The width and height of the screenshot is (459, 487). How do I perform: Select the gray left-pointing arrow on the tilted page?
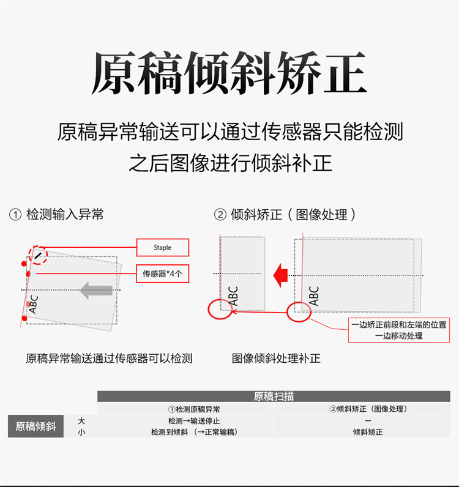[96, 291]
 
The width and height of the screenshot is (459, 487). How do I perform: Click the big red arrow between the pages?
[280, 275]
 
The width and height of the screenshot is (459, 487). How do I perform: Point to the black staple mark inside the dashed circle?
[37, 256]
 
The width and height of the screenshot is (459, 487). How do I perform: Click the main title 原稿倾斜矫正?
[229, 73]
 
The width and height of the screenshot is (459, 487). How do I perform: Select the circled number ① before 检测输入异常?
[15, 215]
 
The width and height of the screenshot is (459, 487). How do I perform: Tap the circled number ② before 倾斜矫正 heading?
[220, 215]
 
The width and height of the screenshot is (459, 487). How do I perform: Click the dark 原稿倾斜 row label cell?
[35, 426]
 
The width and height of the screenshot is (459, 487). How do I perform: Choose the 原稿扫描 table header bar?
[274, 396]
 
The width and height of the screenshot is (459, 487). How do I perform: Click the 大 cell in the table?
[81, 421]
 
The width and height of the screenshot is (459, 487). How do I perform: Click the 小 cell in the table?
[81, 432]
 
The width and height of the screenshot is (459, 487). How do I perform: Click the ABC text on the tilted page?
[33, 305]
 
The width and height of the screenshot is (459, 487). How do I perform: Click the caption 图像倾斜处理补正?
[276, 359]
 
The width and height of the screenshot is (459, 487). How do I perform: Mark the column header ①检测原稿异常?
[194, 409]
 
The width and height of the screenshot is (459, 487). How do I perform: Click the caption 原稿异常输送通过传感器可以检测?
[109, 359]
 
